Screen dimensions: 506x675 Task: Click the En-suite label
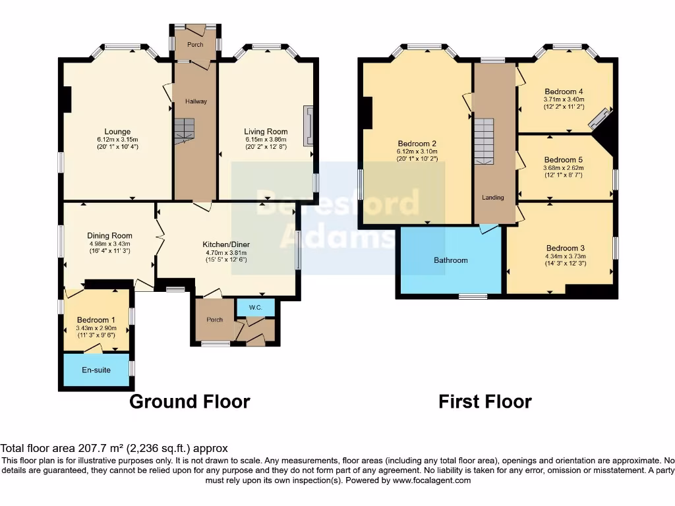96,370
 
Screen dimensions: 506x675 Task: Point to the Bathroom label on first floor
450,260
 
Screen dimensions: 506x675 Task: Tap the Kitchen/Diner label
225,244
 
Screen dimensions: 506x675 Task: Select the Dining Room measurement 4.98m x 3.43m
109,243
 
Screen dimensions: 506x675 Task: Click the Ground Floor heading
189,401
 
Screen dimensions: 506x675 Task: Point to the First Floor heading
484,401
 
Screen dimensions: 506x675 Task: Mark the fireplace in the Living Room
307,126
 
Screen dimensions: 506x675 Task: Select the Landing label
492,197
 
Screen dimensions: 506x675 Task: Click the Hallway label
196,101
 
